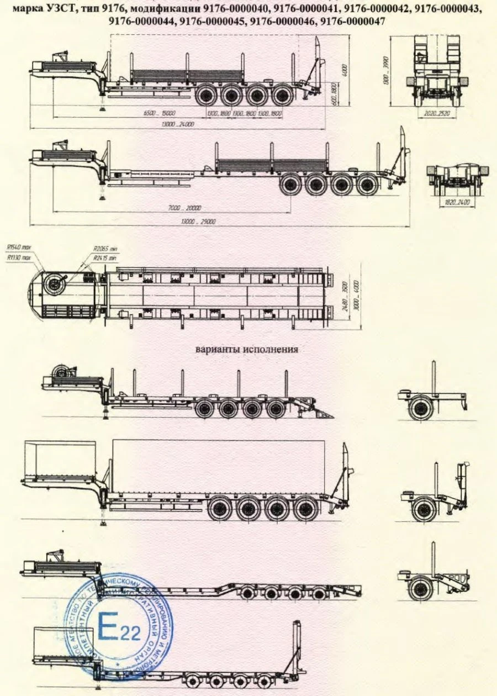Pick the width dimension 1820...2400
[x=457, y=203]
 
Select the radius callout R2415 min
[x=105, y=257]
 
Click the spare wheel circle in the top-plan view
[x=55, y=285]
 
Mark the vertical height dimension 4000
[x=343, y=72]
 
